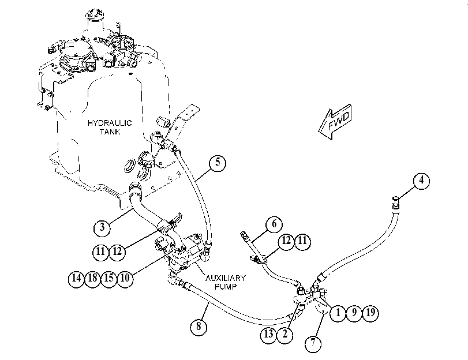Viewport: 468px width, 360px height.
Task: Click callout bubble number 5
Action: point(218,163)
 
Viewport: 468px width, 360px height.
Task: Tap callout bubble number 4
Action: point(421,181)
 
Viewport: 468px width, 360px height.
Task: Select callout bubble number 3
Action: point(102,228)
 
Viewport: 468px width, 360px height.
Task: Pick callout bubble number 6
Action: point(274,224)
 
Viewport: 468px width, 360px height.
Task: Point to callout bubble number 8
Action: point(199,327)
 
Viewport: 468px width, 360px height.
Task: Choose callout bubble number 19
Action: point(370,313)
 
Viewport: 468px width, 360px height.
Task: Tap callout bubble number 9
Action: point(354,313)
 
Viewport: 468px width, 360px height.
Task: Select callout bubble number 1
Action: point(338,313)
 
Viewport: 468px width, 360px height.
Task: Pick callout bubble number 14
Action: point(77,279)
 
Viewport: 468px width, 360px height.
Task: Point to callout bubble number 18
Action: point(93,279)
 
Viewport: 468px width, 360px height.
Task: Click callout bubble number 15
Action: point(109,279)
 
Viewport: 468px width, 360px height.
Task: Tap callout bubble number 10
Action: point(125,279)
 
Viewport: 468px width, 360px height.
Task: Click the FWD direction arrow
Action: point(335,122)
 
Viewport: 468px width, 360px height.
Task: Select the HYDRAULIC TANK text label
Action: point(110,127)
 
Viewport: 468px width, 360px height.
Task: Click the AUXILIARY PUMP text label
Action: point(226,282)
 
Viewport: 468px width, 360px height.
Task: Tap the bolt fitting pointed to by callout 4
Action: point(396,202)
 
